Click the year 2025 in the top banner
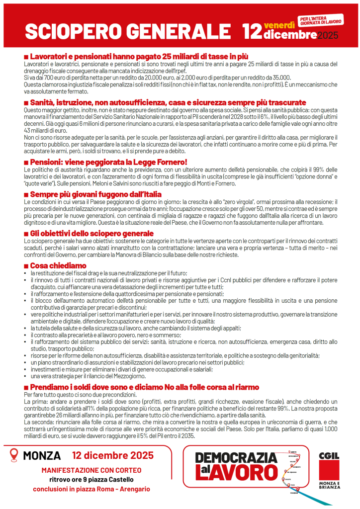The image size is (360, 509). coord(327,35)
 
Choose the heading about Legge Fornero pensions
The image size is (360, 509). coord(108,162)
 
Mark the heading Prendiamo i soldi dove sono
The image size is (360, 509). coord(144,387)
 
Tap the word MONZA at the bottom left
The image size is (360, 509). coord(42,455)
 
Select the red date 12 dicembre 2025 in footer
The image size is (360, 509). coord(112,455)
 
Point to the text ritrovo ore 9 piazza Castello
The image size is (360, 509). coord(91,480)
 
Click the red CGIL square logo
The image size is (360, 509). coord(329,465)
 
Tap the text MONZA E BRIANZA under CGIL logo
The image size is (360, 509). coord(329,486)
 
